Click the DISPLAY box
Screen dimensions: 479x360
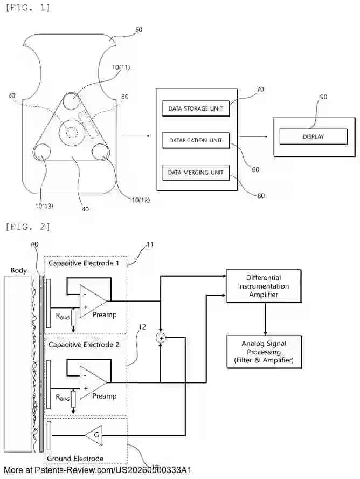313,137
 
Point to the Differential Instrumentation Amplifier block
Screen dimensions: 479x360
264,286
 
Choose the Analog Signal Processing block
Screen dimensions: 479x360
264,351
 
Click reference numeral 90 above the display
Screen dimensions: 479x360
323,97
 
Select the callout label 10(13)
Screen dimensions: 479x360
45,206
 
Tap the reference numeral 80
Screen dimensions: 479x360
261,196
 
